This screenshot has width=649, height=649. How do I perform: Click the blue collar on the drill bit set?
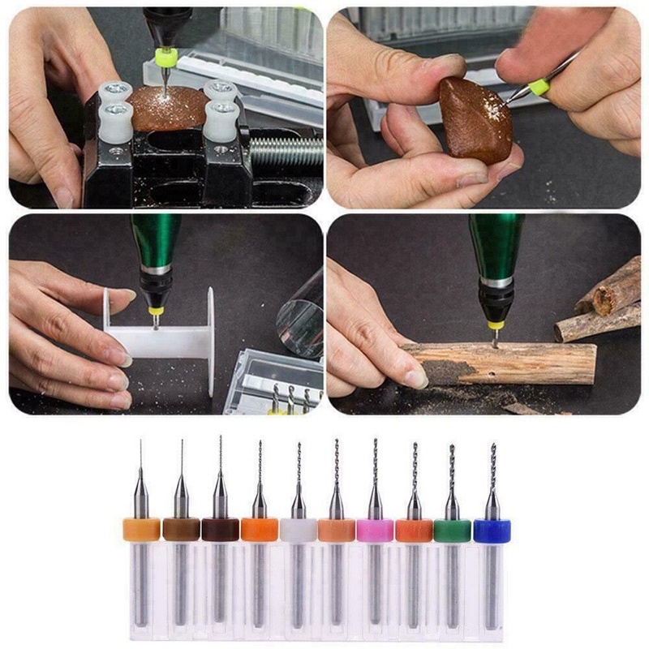tap(491, 531)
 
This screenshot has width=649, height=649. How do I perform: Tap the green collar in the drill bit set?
tap(452, 531)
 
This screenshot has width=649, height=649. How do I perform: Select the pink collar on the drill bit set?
tap(375, 531)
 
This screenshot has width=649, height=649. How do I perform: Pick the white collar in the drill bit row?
tap(298, 531)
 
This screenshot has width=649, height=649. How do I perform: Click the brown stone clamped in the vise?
tap(170, 108)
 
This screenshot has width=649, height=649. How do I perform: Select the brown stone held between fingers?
tap(475, 120)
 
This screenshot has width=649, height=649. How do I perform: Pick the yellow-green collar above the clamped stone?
tap(166, 58)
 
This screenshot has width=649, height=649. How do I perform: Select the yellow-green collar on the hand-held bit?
tap(538, 85)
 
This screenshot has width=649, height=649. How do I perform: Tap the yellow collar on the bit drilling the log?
tap(496, 324)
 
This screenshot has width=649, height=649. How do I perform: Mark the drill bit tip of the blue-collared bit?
tap(492, 447)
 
